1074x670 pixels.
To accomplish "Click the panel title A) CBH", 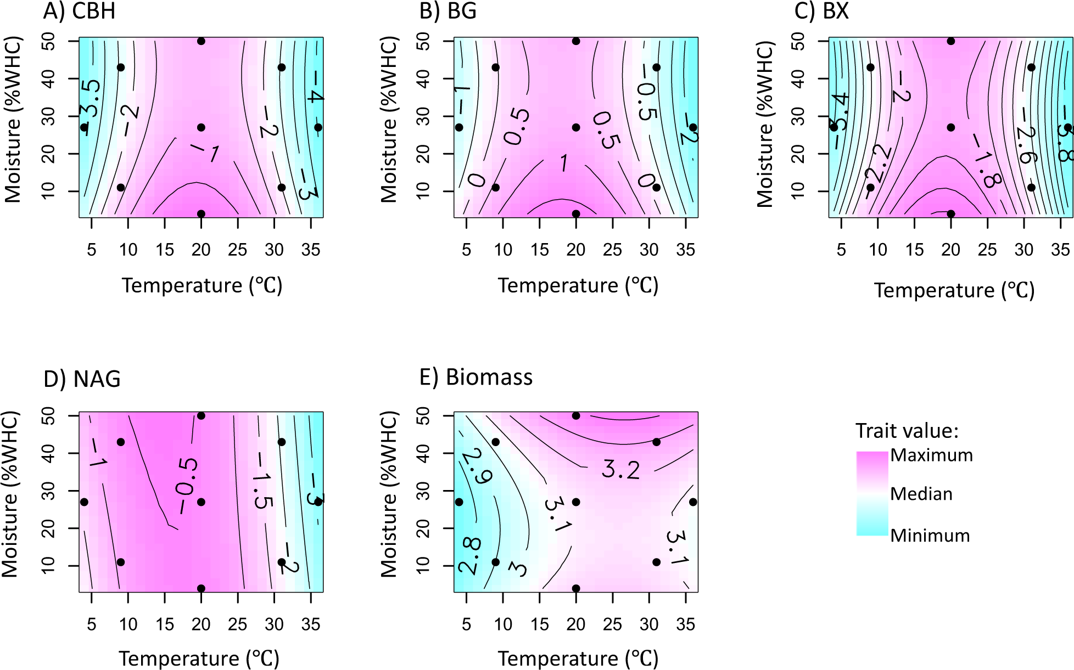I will point(80,11).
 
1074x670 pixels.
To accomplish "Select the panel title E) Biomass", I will point(476,378).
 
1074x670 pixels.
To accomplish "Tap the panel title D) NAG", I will point(82,379).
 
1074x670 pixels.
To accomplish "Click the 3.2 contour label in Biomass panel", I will point(620,470).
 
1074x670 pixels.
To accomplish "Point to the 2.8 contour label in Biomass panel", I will point(471,555).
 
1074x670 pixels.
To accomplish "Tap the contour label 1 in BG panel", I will point(564,163).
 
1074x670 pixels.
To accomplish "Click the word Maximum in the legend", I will point(931,455).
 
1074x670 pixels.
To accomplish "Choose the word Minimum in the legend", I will point(930,536).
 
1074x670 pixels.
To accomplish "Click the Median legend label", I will point(921,494).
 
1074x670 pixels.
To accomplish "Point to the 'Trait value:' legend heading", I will point(907,431).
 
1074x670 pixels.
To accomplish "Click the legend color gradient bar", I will point(872,493).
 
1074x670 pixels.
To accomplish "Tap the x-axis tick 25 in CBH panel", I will point(238,250).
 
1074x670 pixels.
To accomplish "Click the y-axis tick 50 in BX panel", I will point(798,41).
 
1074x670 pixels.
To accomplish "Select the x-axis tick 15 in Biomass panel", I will point(539,624).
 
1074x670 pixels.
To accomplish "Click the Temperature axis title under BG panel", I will point(578,285).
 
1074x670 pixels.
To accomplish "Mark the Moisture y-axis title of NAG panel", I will point(10,494).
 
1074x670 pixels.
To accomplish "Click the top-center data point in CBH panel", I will point(201,41).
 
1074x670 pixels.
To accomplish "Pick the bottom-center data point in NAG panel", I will point(201,588).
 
